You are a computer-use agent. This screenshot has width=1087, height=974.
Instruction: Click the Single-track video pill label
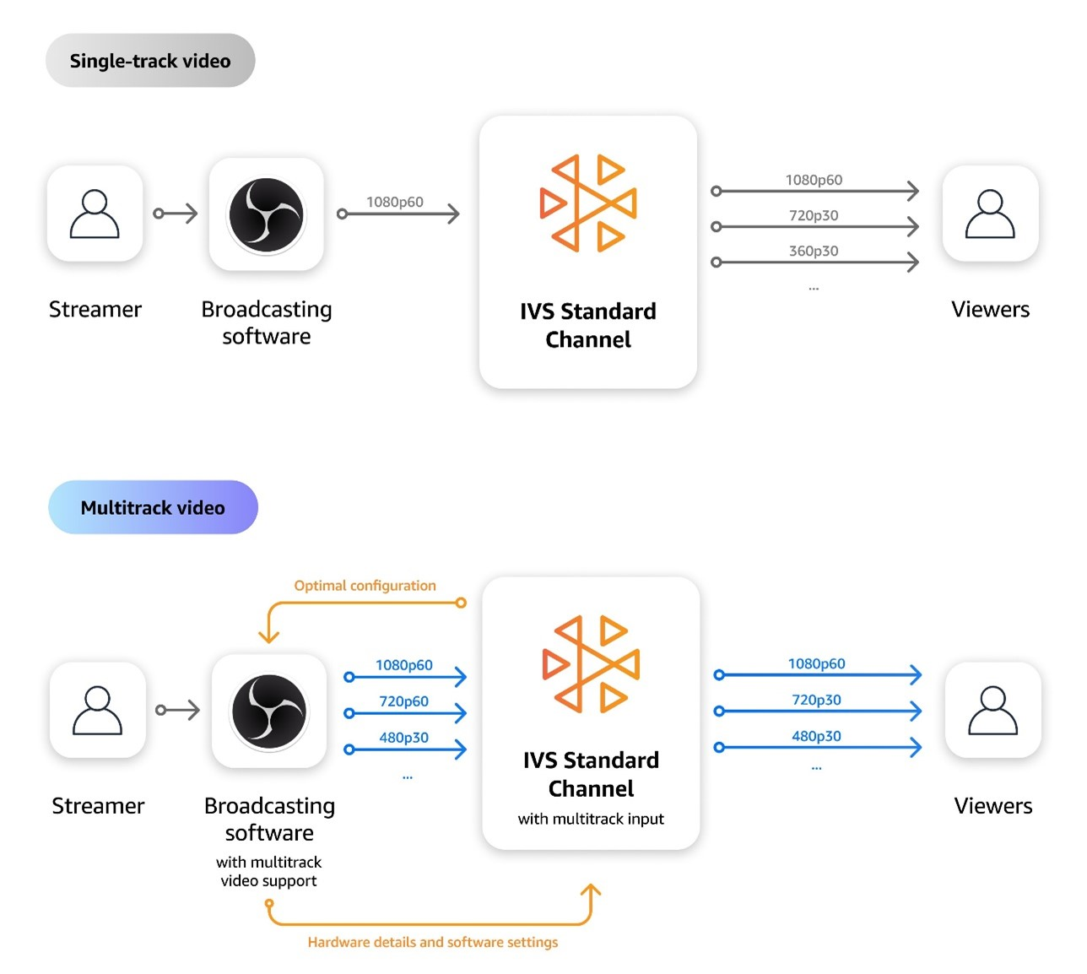point(150,61)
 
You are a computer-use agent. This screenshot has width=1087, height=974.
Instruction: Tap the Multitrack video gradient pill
point(153,507)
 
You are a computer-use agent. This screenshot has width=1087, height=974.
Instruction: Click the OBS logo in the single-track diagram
point(266,214)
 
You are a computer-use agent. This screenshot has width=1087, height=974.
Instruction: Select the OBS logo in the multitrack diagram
point(269,712)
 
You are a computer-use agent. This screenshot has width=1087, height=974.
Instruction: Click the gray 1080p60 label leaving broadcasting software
point(394,202)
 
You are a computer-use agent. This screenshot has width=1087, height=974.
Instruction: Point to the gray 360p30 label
point(814,251)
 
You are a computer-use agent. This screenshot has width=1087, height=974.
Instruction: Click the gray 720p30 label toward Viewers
point(814,215)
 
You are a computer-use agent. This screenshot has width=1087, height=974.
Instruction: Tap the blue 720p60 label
point(403,701)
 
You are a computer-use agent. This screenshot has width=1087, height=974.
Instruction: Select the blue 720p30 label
point(816,700)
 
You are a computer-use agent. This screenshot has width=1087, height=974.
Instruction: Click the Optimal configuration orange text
point(365,585)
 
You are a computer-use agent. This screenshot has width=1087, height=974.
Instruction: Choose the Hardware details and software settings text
point(432,942)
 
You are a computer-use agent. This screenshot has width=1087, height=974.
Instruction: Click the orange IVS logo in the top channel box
point(587,203)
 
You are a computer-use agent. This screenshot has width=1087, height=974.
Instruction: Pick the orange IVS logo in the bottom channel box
point(591,664)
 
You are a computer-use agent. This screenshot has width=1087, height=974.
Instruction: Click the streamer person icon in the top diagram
point(95,214)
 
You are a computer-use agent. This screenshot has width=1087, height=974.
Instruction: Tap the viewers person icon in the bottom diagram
point(993,711)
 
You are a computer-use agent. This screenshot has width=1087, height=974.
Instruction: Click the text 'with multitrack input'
point(591,819)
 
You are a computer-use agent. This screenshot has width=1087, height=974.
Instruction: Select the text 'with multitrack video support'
point(268,871)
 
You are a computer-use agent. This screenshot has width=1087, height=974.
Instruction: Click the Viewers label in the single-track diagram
point(990,309)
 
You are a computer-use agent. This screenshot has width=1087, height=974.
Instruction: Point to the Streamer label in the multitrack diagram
point(98,806)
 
